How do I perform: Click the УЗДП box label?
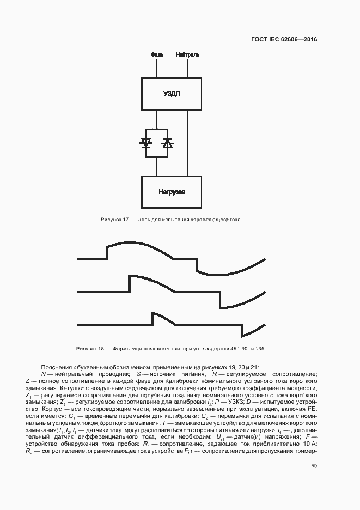click(x=172, y=94)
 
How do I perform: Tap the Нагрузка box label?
click(x=172, y=192)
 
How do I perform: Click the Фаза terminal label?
click(x=156, y=55)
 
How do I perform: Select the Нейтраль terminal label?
click(x=187, y=55)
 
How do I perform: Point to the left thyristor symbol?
click(x=146, y=143)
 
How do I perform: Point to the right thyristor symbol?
click(x=167, y=143)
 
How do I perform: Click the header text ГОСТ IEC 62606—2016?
click(x=284, y=39)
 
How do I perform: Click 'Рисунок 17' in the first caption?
click(x=114, y=220)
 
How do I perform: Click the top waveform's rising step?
click(x=106, y=252)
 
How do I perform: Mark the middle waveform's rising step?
click(x=129, y=284)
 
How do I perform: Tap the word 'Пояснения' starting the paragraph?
click(x=53, y=367)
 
